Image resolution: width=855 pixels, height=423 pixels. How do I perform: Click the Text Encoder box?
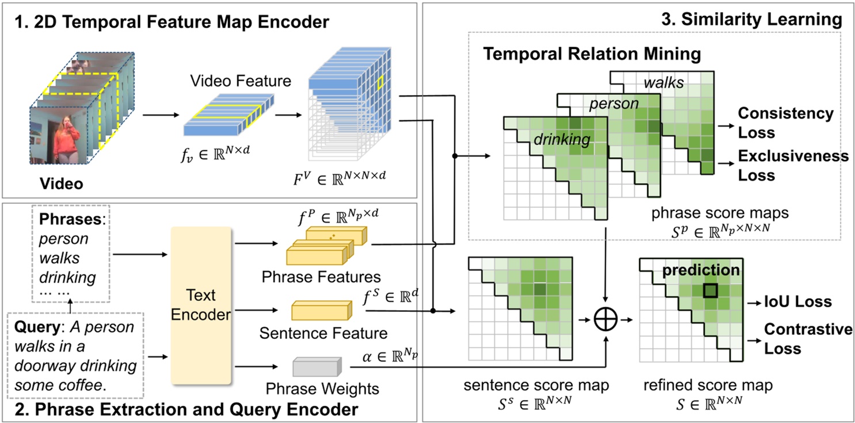[201, 306]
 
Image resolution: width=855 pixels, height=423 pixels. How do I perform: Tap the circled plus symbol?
[605, 318]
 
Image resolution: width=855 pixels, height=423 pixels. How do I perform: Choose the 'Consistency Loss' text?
[785, 123]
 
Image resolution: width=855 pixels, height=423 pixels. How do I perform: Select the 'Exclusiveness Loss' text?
[793, 165]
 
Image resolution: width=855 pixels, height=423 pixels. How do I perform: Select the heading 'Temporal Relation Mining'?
[591, 55]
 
